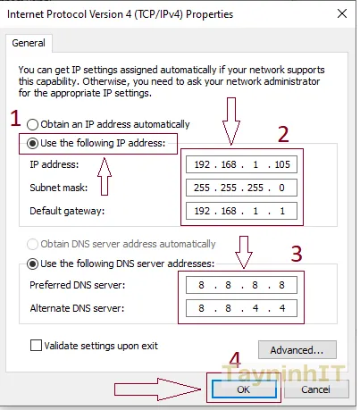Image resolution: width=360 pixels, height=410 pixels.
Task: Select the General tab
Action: click(29, 42)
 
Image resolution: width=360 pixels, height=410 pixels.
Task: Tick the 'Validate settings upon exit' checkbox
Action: click(38, 345)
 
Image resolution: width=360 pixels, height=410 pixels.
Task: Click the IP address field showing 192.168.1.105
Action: click(242, 165)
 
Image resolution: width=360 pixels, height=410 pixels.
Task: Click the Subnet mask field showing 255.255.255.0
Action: click(242, 188)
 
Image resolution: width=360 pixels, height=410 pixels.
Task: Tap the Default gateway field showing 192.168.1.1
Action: click(242, 212)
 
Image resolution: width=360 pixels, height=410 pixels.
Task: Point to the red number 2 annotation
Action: click(283, 135)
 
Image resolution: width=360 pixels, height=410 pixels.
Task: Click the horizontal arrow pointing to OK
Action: click(156, 389)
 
